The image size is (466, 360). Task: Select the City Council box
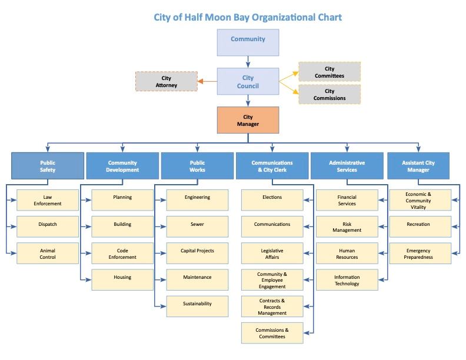(x=248, y=82)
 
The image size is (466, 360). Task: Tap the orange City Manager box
(x=248, y=121)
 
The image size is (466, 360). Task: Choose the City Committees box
(x=329, y=72)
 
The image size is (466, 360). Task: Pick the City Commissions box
(x=329, y=94)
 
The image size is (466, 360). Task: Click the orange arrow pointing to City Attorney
(x=206, y=82)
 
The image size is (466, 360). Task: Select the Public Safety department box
(x=48, y=166)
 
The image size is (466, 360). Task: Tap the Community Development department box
(x=122, y=166)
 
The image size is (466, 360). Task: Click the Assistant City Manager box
(x=418, y=166)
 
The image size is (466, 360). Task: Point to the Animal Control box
(x=48, y=254)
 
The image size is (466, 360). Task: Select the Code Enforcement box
(x=122, y=254)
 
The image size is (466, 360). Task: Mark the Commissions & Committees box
(x=272, y=333)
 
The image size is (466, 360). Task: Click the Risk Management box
(x=347, y=227)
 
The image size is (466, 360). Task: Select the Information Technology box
(x=347, y=280)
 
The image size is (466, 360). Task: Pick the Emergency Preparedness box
(x=418, y=254)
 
